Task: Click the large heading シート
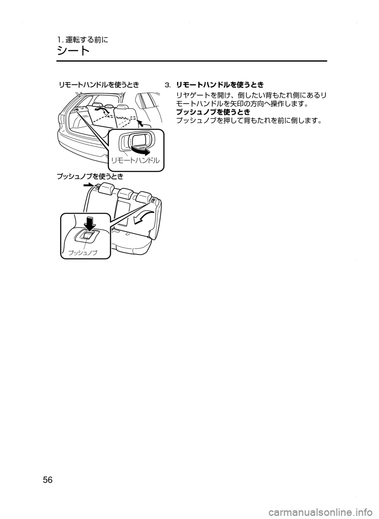pos(73,51)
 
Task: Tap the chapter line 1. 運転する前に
pos(82,39)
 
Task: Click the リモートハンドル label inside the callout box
pos(135,160)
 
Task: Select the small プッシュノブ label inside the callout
pos(83,252)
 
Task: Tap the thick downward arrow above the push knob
pos(91,224)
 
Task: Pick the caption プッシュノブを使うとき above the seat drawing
pos(90,176)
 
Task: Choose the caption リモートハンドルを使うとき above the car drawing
pos(99,84)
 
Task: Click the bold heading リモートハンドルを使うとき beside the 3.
pos(220,85)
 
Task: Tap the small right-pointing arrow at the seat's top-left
pos(88,184)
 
